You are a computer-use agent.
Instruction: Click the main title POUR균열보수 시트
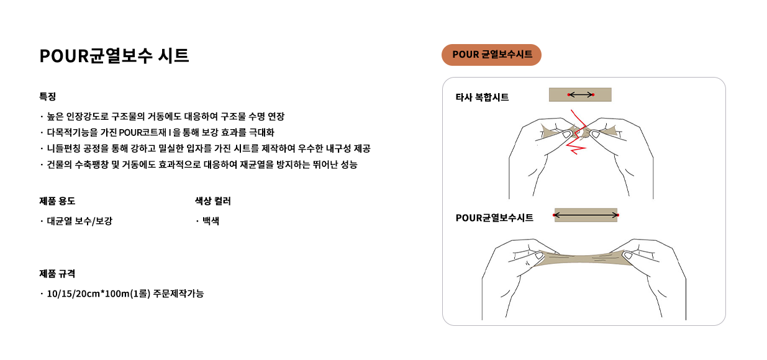[114, 56]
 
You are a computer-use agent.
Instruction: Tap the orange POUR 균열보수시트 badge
[491, 55]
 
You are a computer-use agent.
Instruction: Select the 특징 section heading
[48, 96]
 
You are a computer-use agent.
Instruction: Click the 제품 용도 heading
[57, 201]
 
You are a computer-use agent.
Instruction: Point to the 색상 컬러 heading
[213, 201]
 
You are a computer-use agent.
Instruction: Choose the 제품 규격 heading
[57, 274]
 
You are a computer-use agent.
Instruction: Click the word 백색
[211, 221]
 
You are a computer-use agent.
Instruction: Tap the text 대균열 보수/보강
[79, 221]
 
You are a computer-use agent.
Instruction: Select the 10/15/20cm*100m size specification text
[125, 294]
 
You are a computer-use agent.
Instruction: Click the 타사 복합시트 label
[482, 97]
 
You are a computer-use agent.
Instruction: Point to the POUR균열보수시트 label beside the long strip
[494, 218]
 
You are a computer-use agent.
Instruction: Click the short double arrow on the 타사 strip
[581, 95]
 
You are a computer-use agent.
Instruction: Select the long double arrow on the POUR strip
[586, 215]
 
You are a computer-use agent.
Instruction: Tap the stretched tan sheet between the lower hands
[582, 258]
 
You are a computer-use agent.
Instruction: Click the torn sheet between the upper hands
[581, 132]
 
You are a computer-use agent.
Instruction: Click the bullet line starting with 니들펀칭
[209, 148]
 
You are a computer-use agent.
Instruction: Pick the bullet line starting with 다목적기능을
[161, 132]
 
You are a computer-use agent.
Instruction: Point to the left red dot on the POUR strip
[554, 215]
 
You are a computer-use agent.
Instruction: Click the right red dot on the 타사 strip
[593, 95]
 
